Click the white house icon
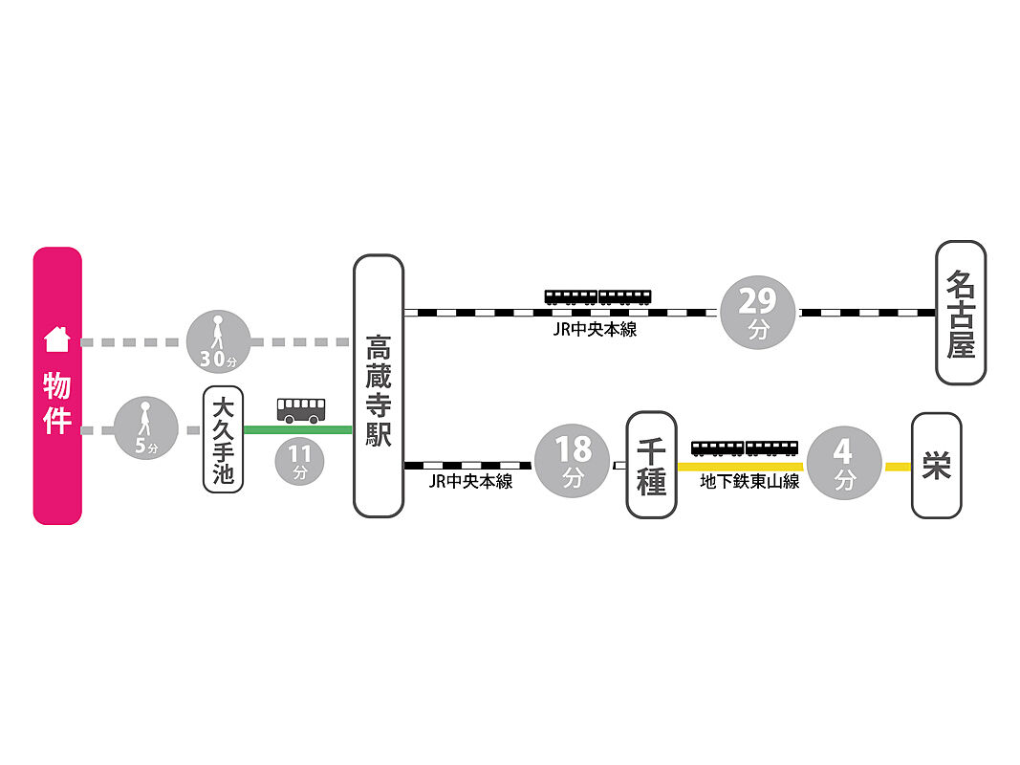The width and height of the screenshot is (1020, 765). pyautogui.click(x=56, y=339)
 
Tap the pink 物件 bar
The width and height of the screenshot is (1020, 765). pyautogui.click(x=57, y=385)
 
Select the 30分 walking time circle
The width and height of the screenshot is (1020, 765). pyautogui.click(x=219, y=342)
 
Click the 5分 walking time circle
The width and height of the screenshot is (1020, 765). pyautogui.click(x=145, y=428)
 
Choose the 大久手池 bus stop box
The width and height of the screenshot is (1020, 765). pyautogui.click(x=223, y=439)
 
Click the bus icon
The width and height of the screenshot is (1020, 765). pyautogui.click(x=301, y=410)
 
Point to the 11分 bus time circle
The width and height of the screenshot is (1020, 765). pyautogui.click(x=300, y=461)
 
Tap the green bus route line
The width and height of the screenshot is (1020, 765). pyautogui.click(x=298, y=429)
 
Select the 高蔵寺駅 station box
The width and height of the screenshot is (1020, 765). pyautogui.click(x=379, y=385)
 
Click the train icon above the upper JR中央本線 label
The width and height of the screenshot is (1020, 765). pyautogui.click(x=597, y=297)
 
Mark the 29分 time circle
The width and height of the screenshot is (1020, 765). pyautogui.click(x=758, y=313)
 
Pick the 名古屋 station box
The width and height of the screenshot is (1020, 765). pyautogui.click(x=961, y=313)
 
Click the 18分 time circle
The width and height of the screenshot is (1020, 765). pyautogui.click(x=573, y=461)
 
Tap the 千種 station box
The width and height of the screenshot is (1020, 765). pyautogui.click(x=651, y=465)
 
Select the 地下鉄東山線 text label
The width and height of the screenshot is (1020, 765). pyautogui.click(x=749, y=481)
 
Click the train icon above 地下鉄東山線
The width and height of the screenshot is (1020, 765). pyautogui.click(x=745, y=448)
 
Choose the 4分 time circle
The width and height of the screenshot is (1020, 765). pyautogui.click(x=844, y=463)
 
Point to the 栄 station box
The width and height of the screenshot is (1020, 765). pyautogui.click(x=937, y=465)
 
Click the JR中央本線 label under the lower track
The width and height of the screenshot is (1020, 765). pyautogui.click(x=471, y=481)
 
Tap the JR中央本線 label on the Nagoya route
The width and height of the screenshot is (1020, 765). pyautogui.click(x=595, y=329)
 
